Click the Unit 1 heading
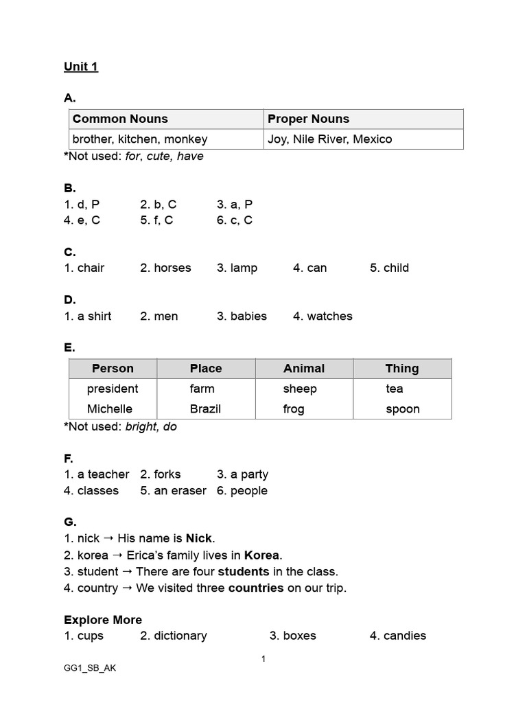point(81,67)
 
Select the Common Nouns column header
point(120,119)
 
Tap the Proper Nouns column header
point(308,119)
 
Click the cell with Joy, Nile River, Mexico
point(329,139)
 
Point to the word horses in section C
point(172,268)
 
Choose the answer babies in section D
point(248,316)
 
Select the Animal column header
point(304,368)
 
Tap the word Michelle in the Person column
point(110,408)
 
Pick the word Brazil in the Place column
point(205,408)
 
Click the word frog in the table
point(294,408)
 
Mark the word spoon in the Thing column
point(403,408)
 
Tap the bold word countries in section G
point(256,588)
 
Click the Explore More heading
point(103,619)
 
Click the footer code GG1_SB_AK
point(90,668)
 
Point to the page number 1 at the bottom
point(263,659)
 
